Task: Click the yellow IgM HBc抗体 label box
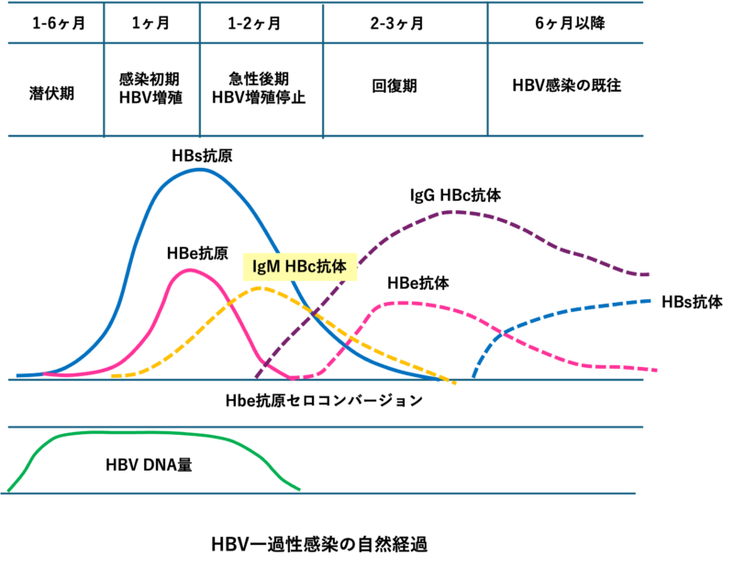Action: [x=299, y=267]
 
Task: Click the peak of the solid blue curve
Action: [x=199, y=170]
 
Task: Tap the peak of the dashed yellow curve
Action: [x=261, y=287]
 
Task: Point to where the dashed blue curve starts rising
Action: [x=473, y=376]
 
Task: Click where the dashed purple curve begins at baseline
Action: [x=256, y=377]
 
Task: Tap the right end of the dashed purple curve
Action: [x=649, y=274]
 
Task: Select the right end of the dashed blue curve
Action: [x=650, y=300]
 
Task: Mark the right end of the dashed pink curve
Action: [x=655, y=370]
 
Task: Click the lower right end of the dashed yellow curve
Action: [x=455, y=383]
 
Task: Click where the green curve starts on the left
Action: [x=8, y=492]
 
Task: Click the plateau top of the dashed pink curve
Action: [x=404, y=302]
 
